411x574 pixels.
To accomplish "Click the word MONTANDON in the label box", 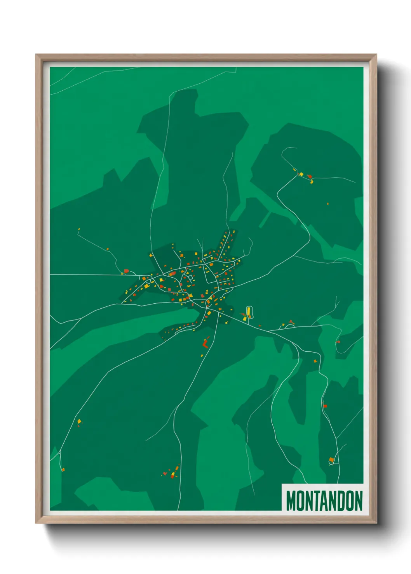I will [x=324, y=501].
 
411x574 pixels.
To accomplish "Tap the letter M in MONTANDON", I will [x=291, y=501].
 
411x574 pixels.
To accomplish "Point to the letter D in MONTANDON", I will [x=340, y=501].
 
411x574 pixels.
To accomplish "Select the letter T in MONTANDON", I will [x=315, y=501].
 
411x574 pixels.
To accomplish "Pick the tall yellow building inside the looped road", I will [x=249, y=311].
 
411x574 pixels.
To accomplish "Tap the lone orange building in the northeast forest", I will [x=328, y=203].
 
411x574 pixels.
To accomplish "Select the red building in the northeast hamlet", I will [x=309, y=176].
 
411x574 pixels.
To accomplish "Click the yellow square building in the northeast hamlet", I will [x=301, y=174].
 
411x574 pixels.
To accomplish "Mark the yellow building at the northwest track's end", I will [x=79, y=229].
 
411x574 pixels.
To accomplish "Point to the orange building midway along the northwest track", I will [x=108, y=249].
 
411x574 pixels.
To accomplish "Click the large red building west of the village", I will [x=126, y=271].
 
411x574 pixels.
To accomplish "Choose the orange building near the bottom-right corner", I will [x=331, y=460].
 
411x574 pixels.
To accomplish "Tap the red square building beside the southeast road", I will [x=325, y=406].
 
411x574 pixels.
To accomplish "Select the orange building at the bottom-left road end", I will [x=63, y=470].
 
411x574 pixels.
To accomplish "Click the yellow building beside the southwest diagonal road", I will [x=79, y=421].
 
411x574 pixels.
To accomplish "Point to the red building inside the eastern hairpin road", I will [x=338, y=342].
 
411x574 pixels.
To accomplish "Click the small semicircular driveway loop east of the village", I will [x=289, y=326].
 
